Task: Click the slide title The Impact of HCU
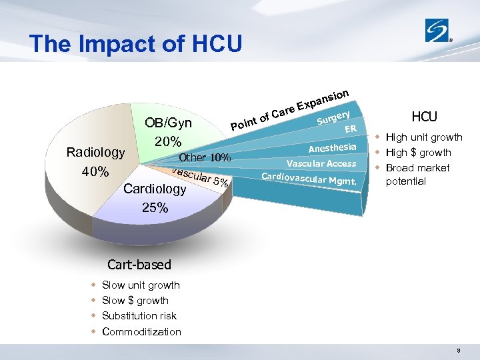coord(136,43)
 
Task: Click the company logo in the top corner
coord(439,30)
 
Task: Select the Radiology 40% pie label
coord(95,162)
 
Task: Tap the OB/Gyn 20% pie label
coord(169,132)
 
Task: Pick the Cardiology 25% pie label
coord(155,198)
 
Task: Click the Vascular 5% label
coord(201,176)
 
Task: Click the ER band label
coord(351,129)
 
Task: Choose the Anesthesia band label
coord(333,148)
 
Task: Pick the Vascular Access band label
coord(321,164)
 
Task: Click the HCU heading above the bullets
coord(424,117)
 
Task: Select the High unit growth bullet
coord(424,137)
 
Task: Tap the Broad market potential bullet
coord(418,175)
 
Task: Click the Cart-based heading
coord(139,265)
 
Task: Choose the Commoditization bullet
coord(141,332)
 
